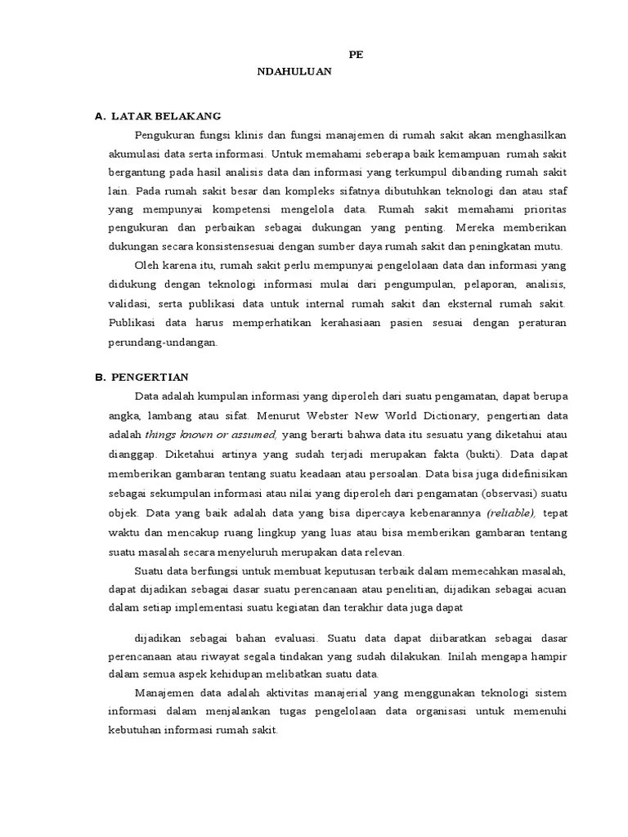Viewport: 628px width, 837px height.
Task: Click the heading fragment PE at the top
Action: coord(356,54)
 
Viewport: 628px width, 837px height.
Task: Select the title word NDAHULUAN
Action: coord(294,71)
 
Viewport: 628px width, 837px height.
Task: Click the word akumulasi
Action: coord(134,154)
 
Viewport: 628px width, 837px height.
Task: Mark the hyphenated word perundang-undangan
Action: coord(164,342)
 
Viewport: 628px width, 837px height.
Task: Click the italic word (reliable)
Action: coord(511,512)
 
